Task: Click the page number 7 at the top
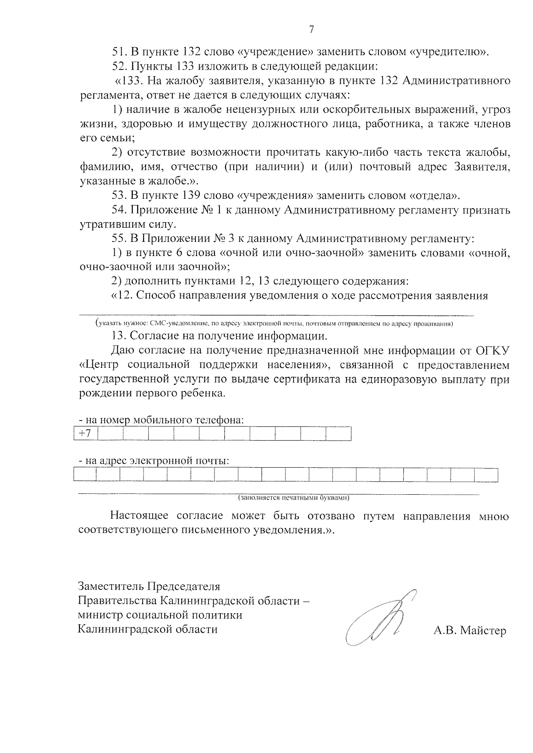(x=311, y=30)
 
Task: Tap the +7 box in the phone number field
(x=85, y=434)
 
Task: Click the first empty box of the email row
(x=85, y=475)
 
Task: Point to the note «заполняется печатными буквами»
(x=294, y=498)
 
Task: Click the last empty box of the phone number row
(x=338, y=434)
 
